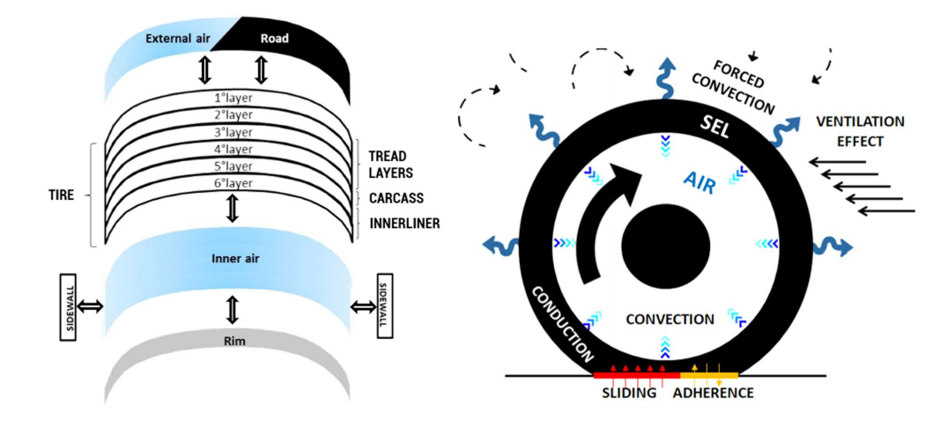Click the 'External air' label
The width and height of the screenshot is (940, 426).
(x=174, y=40)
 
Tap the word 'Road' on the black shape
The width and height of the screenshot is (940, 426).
(x=274, y=39)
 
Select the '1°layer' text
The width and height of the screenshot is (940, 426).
(x=227, y=96)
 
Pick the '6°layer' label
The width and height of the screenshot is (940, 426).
(x=227, y=183)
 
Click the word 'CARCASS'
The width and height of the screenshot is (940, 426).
(x=397, y=198)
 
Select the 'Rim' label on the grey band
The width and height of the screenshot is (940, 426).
(x=228, y=341)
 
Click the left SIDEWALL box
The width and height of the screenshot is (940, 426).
(x=71, y=307)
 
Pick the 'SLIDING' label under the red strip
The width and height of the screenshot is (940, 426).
(x=629, y=393)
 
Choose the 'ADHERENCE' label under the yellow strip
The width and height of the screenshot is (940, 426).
(x=713, y=393)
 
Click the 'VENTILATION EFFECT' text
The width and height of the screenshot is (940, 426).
(x=860, y=131)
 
